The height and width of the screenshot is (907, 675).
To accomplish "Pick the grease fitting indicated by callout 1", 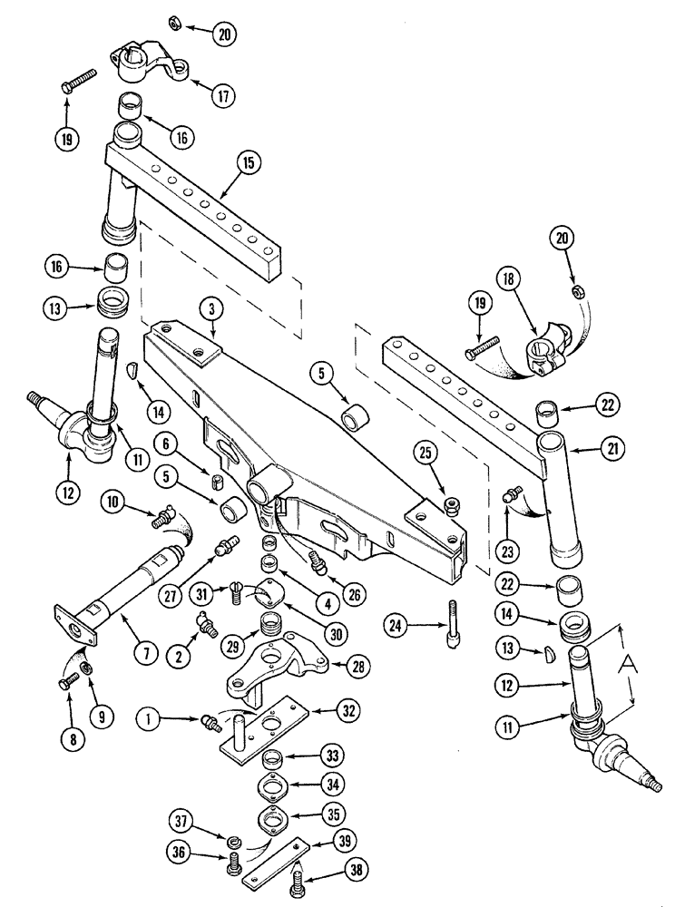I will click(210, 723).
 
